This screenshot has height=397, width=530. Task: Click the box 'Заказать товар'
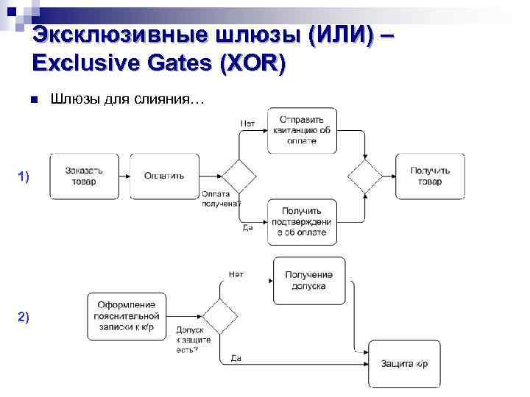[84, 176]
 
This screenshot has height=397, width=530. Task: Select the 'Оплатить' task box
[165, 176]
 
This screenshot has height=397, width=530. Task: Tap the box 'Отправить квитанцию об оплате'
[302, 130]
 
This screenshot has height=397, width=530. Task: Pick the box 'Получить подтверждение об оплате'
[302, 221]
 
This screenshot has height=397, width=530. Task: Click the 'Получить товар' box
[430, 176]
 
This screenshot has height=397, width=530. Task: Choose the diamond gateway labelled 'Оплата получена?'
[240, 176]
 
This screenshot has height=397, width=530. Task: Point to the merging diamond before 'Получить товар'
[365, 176]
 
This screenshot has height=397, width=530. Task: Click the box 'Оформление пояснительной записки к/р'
[124, 316]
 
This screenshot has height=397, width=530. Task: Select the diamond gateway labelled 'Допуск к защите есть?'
[219, 317]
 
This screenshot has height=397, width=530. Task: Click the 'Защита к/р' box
[405, 364]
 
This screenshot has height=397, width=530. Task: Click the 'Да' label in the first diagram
[248, 228]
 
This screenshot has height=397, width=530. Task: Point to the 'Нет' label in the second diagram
[236, 274]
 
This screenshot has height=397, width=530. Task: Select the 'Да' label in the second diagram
[236, 358]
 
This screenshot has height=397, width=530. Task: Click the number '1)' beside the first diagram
[24, 176]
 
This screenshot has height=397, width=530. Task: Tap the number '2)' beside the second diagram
[24, 316]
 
